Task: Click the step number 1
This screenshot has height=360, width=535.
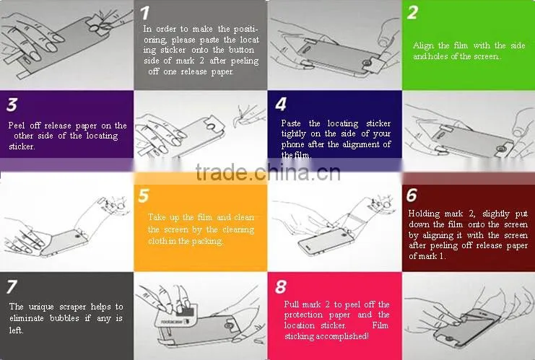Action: (x=144, y=13)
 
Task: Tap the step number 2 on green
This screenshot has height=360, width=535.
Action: (x=412, y=12)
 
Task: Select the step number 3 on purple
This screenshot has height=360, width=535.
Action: (x=12, y=105)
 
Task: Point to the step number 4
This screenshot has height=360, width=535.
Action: (x=281, y=105)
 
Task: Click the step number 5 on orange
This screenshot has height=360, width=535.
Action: (x=144, y=196)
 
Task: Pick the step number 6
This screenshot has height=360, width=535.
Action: (x=412, y=195)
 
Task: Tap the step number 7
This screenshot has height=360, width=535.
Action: (x=12, y=286)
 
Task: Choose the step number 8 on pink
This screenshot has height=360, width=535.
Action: (x=280, y=286)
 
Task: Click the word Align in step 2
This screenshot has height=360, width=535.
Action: (x=423, y=45)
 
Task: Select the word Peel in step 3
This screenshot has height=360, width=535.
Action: (x=17, y=126)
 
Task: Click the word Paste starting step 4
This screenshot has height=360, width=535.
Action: (x=291, y=123)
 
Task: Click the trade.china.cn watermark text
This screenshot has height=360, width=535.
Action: (x=268, y=172)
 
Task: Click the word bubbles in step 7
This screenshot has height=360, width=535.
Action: (x=64, y=318)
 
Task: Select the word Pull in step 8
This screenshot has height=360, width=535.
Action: (x=291, y=304)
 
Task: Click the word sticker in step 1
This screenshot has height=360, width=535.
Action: (x=173, y=50)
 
